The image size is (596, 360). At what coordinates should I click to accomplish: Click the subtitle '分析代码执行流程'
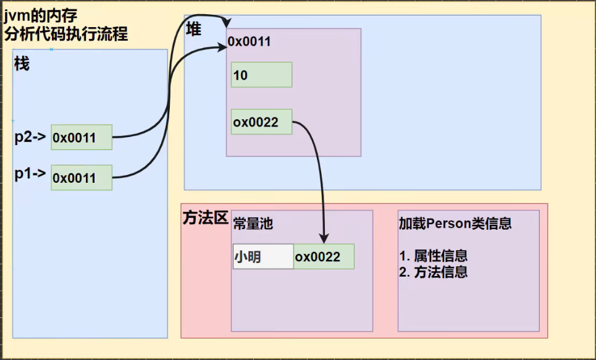pyautogui.click(x=66, y=34)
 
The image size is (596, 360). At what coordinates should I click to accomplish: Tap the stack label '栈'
pyautogui.click(x=22, y=64)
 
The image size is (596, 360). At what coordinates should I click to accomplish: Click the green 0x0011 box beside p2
pyautogui.click(x=82, y=137)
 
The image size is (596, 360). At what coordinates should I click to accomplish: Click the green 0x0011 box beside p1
pyautogui.click(x=82, y=178)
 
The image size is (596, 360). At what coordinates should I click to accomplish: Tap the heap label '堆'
pyautogui.click(x=194, y=28)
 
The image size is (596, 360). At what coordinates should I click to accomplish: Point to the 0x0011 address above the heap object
pyautogui.click(x=249, y=42)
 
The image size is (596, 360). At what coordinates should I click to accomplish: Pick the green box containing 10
pyautogui.click(x=261, y=75)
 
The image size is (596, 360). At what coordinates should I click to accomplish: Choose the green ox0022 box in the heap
pyautogui.click(x=261, y=122)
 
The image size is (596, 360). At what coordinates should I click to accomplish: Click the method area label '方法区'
pyautogui.click(x=206, y=218)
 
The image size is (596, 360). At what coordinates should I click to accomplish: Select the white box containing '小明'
pyautogui.click(x=262, y=256)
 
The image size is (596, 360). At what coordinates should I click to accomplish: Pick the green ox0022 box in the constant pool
pyautogui.click(x=324, y=256)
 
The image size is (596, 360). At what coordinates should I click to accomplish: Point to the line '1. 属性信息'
pyautogui.click(x=433, y=256)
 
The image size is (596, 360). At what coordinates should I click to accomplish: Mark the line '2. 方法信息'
pyautogui.click(x=433, y=272)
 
